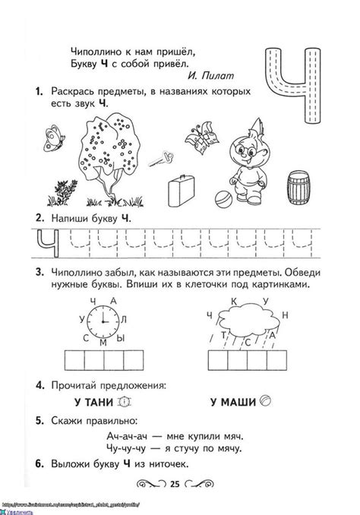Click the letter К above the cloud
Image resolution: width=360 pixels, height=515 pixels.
[235, 302]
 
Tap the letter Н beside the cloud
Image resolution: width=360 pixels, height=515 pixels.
[286, 314]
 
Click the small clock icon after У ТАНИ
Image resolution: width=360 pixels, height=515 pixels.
[125, 402]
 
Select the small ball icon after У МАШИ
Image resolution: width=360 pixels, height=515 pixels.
[265, 402]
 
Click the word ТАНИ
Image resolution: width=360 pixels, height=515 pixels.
[100, 402]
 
